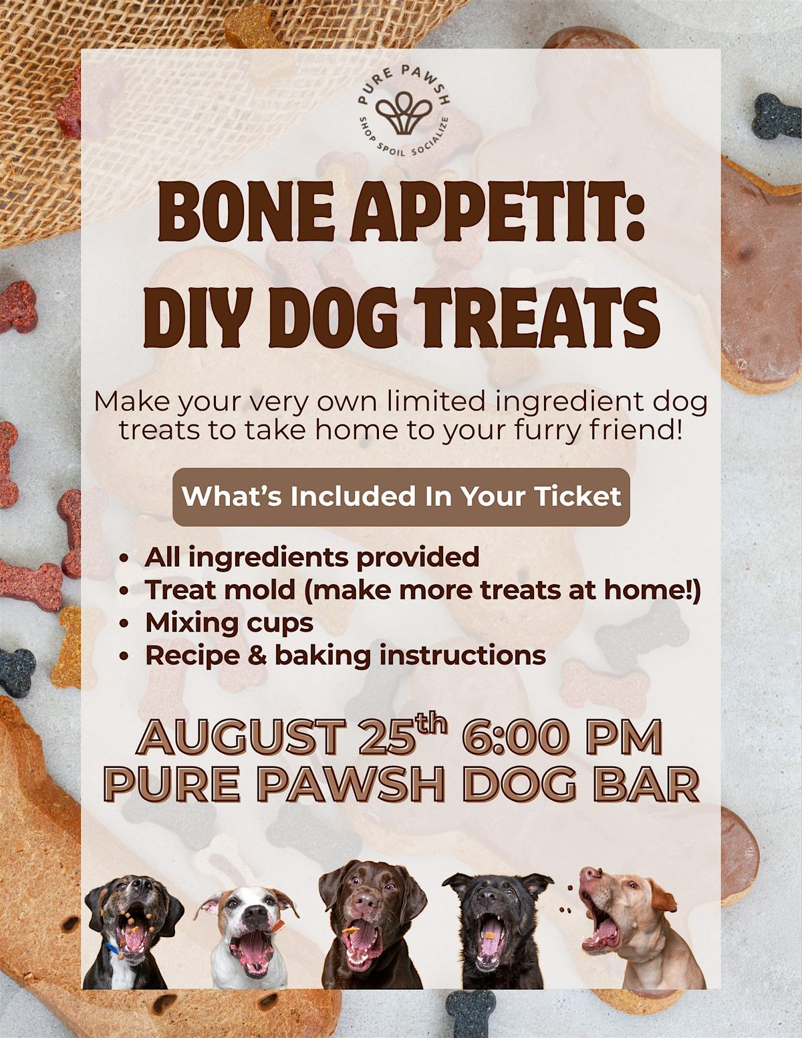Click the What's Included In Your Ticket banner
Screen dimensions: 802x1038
click(x=401, y=497)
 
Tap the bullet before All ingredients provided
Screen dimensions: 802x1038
click(x=125, y=558)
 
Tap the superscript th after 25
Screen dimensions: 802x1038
click(x=431, y=723)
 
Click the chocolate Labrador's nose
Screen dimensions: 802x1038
click(x=366, y=902)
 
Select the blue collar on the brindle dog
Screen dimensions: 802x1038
click(x=113, y=946)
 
